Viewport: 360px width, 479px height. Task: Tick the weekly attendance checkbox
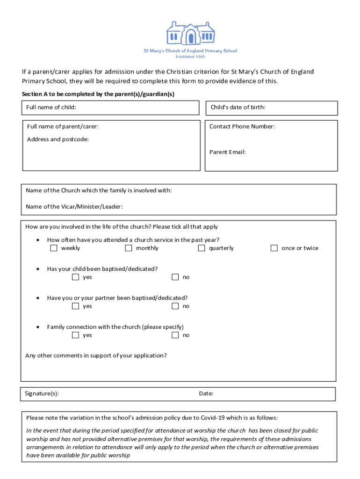coord(54,248)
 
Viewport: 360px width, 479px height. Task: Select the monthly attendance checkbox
coord(129,248)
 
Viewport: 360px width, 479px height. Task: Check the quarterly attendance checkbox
coord(202,248)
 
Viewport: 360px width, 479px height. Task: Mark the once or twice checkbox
coord(274,248)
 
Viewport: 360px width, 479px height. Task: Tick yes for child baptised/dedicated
coord(75,277)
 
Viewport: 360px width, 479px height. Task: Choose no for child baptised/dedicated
coord(175,277)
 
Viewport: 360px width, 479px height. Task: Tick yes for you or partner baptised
coord(75,306)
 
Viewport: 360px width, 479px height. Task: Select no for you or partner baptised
coord(175,306)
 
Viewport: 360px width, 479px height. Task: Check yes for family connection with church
coord(75,335)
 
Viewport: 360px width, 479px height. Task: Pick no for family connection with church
coord(175,335)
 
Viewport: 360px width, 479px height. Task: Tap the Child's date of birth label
coord(238,108)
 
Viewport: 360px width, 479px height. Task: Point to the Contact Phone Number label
coord(242,127)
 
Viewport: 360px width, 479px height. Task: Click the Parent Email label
coord(227,152)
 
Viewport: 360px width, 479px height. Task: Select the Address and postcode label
coord(58,139)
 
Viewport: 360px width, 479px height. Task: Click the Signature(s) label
coord(42,394)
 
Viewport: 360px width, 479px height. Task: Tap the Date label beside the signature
coord(206,394)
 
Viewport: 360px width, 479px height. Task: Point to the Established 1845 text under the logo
coord(190,57)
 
